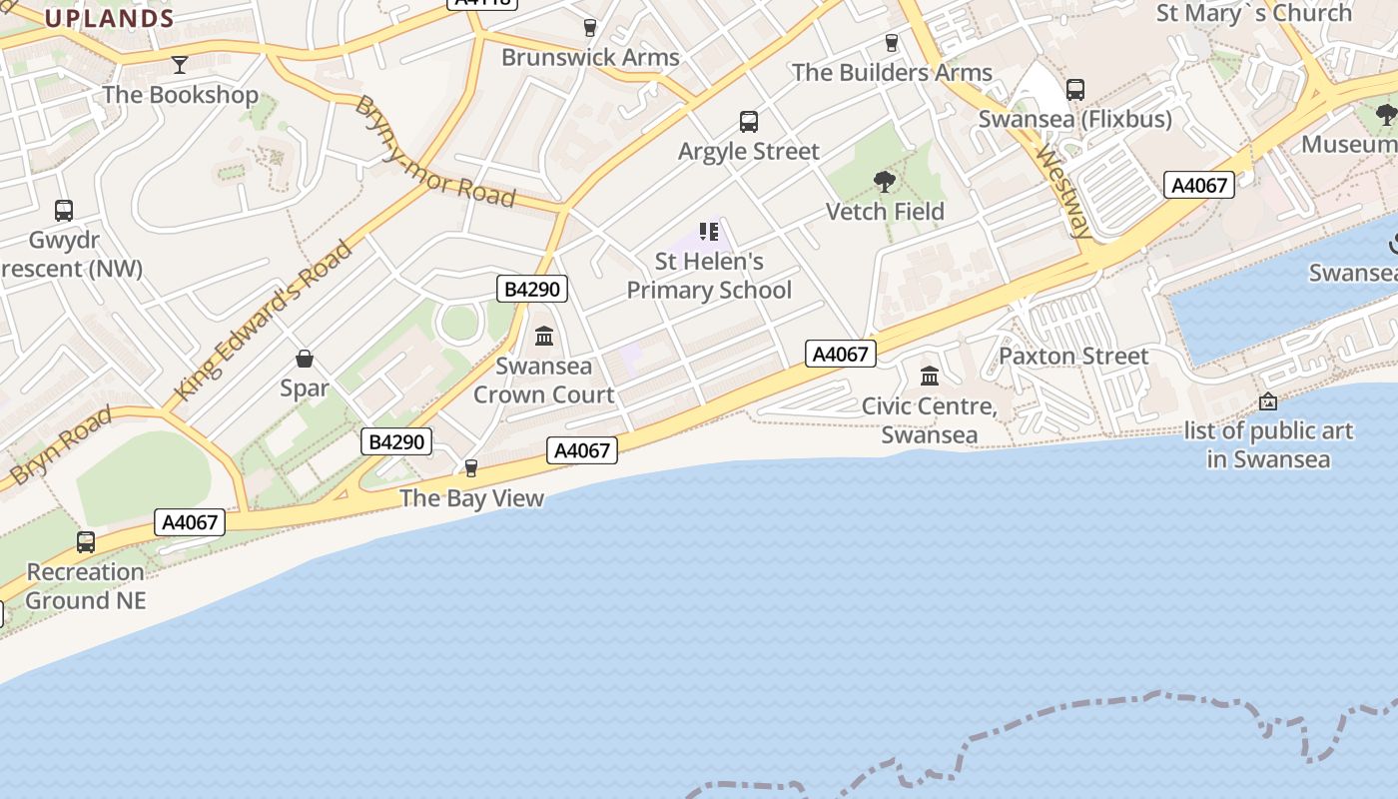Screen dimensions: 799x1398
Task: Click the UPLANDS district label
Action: click(x=110, y=18)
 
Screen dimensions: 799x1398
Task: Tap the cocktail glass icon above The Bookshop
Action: click(x=180, y=65)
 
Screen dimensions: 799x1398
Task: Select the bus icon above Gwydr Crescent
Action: click(x=64, y=211)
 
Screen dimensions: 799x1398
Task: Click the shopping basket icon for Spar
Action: click(x=305, y=359)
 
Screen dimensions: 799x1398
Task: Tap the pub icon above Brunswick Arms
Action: click(x=590, y=27)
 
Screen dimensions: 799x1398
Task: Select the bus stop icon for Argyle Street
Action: click(x=749, y=122)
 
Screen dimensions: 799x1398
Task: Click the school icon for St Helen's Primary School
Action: click(x=709, y=233)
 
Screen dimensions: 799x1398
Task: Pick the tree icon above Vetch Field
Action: click(x=884, y=182)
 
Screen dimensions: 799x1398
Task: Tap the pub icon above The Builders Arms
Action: click(x=892, y=43)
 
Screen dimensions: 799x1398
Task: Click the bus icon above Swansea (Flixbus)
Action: click(x=1075, y=90)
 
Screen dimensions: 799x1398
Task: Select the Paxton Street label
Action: click(x=1073, y=356)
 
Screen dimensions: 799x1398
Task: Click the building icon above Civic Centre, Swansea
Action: click(x=930, y=377)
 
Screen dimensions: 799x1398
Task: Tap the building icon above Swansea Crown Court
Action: click(x=544, y=337)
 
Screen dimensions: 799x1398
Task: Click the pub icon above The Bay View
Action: click(x=471, y=468)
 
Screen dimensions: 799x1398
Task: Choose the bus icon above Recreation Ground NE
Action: click(x=86, y=542)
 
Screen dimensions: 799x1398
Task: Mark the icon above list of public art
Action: click(x=1268, y=401)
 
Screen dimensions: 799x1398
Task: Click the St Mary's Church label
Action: click(x=1254, y=13)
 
